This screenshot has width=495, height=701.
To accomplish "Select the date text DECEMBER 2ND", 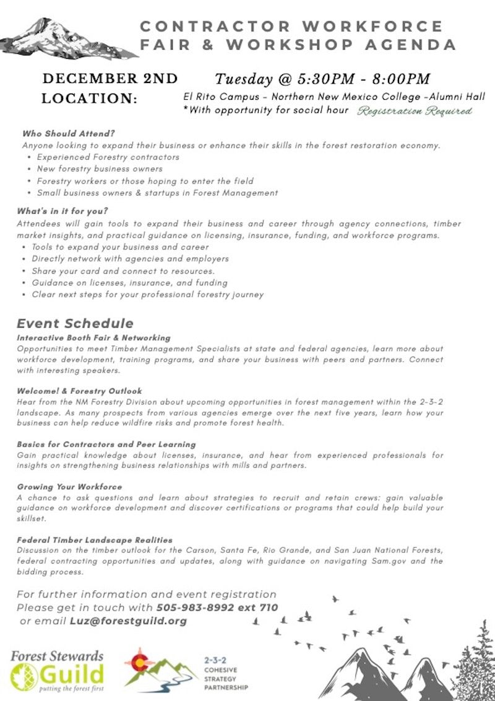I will pyautogui.click(x=110, y=79).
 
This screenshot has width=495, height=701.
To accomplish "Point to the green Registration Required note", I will pyautogui.click(x=415, y=111).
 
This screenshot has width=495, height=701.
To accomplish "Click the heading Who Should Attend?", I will pyautogui.click(x=69, y=133).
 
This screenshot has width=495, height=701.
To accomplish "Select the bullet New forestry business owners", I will pyautogui.click(x=100, y=168).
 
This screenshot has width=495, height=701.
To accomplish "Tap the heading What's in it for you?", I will pyautogui.click(x=62, y=211).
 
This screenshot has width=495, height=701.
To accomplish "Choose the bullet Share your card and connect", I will pyautogui.click(x=123, y=271).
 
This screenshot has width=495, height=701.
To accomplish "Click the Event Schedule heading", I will pyautogui.click(x=75, y=323).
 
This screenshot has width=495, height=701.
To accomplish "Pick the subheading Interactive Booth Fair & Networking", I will pyautogui.click(x=93, y=337).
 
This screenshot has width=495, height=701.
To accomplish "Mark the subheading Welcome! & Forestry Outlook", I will pyautogui.click(x=79, y=391).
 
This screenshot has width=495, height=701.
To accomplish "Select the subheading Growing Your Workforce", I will pyautogui.click(x=69, y=487).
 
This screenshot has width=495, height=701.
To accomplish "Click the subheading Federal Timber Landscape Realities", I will pyautogui.click(x=95, y=540).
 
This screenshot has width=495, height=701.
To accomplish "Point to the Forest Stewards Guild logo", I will pyautogui.click(x=57, y=669).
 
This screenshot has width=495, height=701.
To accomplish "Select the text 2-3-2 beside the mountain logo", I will pyautogui.click(x=214, y=661).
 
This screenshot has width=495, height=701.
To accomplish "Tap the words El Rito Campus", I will pyautogui.click(x=220, y=97).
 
